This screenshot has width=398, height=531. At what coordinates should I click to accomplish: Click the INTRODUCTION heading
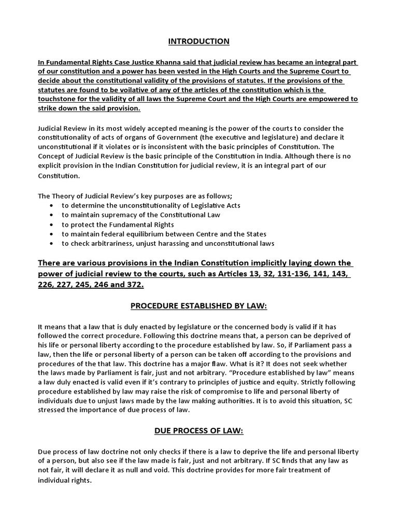(x=198, y=41)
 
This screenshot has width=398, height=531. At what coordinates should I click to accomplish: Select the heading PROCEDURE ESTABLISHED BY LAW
(x=198, y=306)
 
